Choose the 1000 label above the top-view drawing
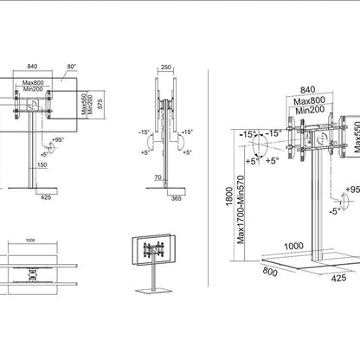point(31,240)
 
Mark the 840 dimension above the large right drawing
point(307,88)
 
